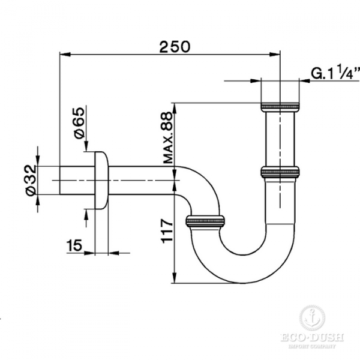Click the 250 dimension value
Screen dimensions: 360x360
tap(175, 47)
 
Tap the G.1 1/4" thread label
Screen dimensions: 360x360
tap(335, 73)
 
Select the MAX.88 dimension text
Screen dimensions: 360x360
tap(168, 137)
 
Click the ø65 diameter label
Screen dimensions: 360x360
tap(79, 123)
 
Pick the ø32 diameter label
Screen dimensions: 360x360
tap(31, 180)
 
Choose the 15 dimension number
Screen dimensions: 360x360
tap(74, 245)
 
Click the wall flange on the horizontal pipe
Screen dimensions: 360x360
tap(101, 180)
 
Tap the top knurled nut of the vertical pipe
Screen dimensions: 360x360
tap(280, 107)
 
